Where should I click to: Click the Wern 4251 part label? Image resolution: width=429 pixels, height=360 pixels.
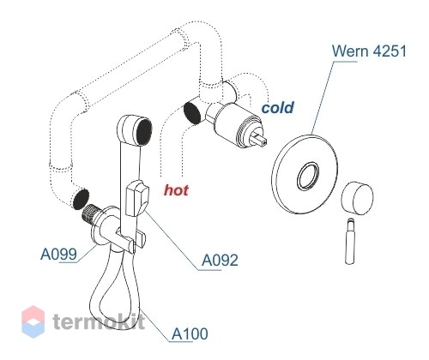click(x=369, y=51)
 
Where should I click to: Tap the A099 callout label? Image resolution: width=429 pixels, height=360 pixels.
click(x=59, y=254)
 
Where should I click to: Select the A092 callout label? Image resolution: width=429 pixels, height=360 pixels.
click(x=220, y=260)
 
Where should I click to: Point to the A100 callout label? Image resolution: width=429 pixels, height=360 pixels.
click(x=190, y=333)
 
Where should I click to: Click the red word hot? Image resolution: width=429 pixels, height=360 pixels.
click(x=176, y=190)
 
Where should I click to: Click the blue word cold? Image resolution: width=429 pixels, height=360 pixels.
click(x=278, y=108)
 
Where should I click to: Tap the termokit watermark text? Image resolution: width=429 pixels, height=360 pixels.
click(x=99, y=321)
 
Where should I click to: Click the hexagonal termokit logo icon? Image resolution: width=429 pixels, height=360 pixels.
click(x=33, y=321)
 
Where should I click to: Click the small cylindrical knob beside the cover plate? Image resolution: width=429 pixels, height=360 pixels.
click(x=358, y=198)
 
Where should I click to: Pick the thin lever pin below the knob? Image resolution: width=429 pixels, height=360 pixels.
click(x=351, y=241)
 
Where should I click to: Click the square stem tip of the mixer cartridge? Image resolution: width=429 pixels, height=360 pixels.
click(x=260, y=140)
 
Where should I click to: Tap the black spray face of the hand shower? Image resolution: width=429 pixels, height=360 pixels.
click(x=144, y=132)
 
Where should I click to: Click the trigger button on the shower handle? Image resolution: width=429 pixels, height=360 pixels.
click(x=137, y=198)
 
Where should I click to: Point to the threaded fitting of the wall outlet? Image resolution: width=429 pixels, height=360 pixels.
click(x=91, y=214)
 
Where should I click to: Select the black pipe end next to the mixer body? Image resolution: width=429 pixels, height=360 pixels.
click(x=192, y=113)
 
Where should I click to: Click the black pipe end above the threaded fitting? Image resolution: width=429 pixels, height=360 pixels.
click(x=81, y=199)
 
